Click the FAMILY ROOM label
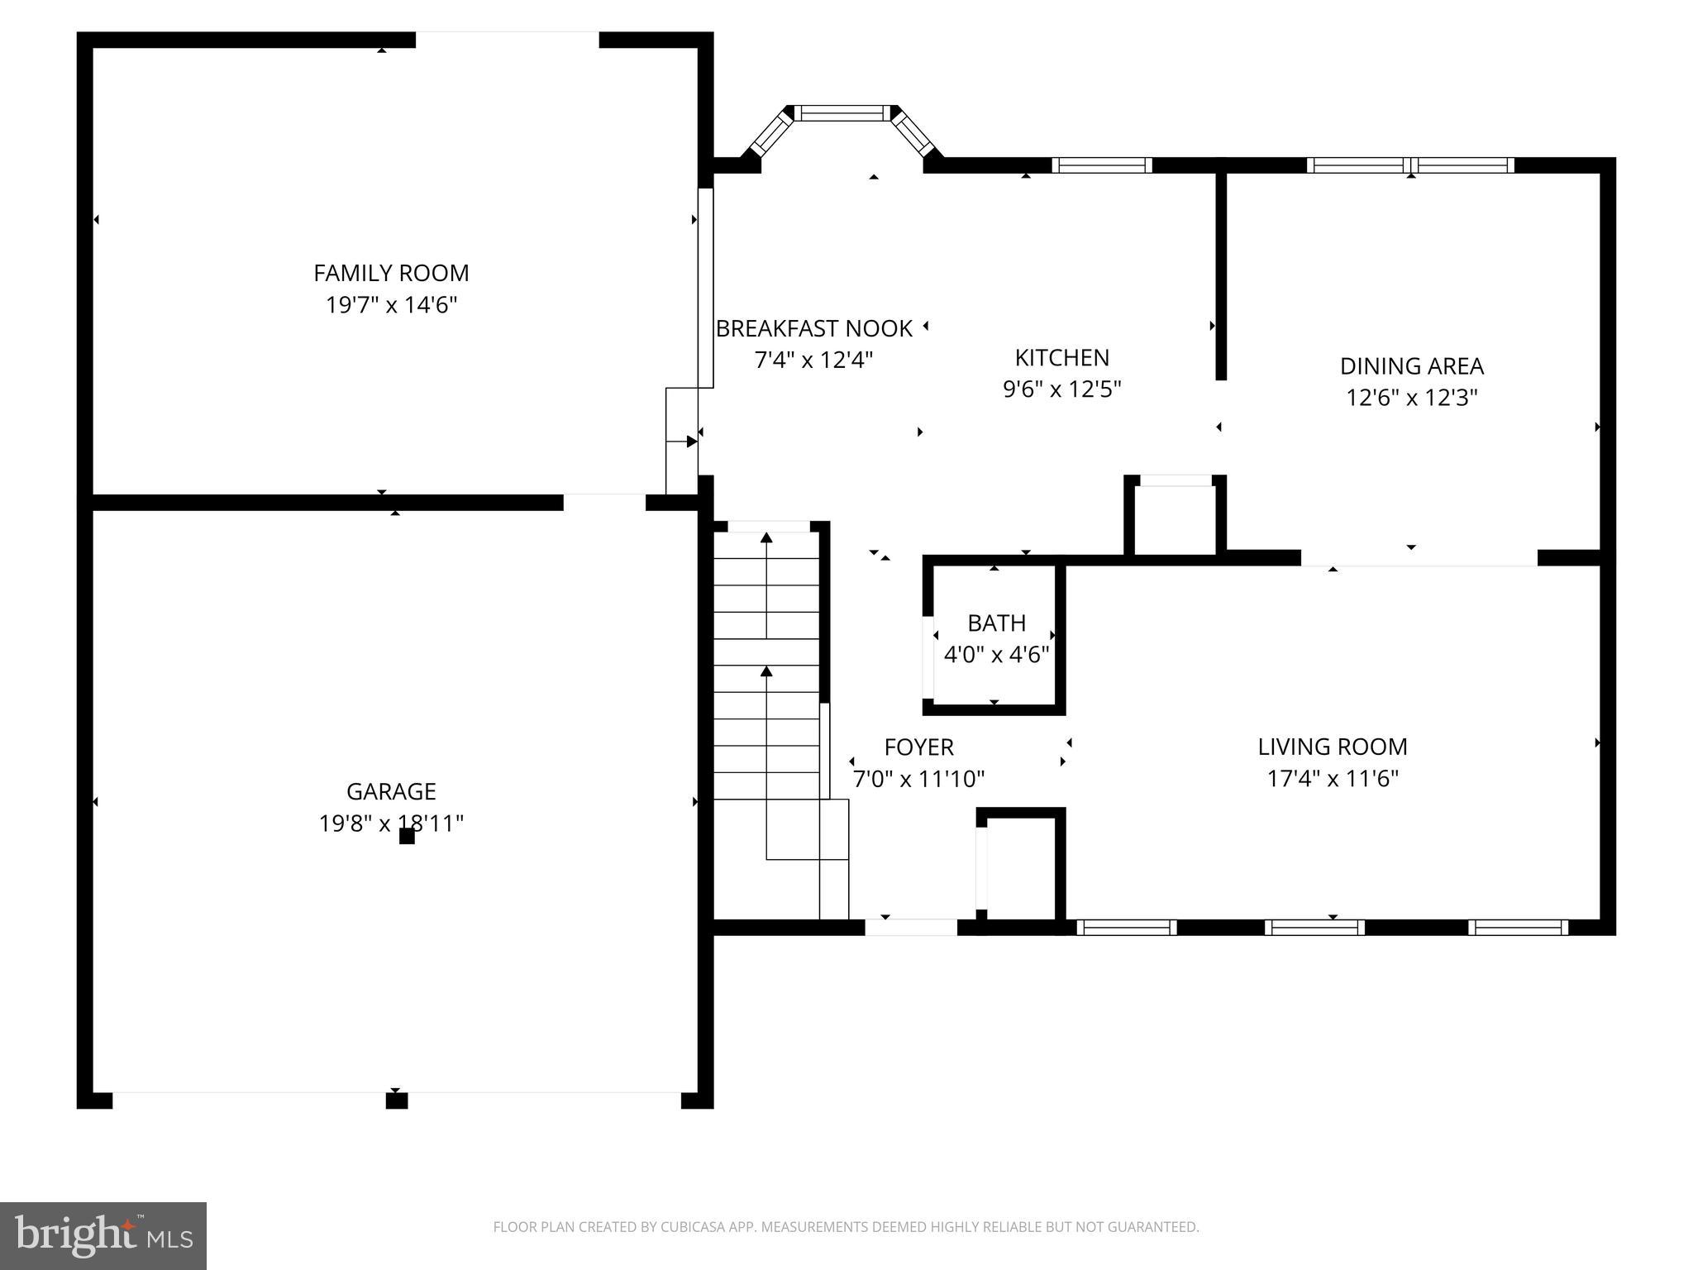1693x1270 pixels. click(x=391, y=273)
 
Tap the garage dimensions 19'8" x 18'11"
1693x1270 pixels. click(x=391, y=824)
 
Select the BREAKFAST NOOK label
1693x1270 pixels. click(x=813, y=329)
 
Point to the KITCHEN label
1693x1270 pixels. click(x=1061, y=358)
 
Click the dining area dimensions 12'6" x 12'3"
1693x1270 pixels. click(x=1411, y=398)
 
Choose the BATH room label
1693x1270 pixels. click(x=996, y=623)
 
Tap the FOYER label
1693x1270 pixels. click(x=918, y=747)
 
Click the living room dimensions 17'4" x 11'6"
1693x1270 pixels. click(x=1332, y=779)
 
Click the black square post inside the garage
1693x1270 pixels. click(x=407, y=837)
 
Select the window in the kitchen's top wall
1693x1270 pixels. click(x=1101, y=165)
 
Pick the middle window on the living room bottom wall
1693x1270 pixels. click(x=1314, y=928)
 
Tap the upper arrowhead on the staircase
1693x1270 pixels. click(x=766, y=538)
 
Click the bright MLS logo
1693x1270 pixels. click(x=103, y=1235)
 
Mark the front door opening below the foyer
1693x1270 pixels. click(x=911, y=928)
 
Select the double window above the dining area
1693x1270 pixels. click(x=1410, y=165)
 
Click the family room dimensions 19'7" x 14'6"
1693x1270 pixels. click(x=391, y=305)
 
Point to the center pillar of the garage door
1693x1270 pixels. click(x=397, y=1100)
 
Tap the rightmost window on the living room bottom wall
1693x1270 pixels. click(x=1518, y=928)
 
